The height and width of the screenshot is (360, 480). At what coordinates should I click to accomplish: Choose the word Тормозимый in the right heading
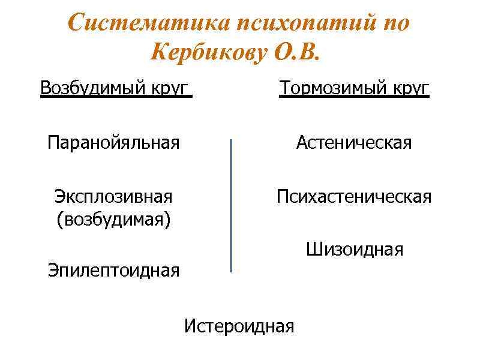click(333, 88)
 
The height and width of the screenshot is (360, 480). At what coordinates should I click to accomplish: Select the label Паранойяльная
click(114, 143)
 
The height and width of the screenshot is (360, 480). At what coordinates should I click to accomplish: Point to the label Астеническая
click(354, 143)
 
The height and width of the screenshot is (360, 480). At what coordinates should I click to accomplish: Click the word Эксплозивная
click(113, 196)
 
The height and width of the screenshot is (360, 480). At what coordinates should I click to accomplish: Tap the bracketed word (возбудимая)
click(113, 219)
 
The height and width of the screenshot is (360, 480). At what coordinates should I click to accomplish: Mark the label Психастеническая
click(354, 196)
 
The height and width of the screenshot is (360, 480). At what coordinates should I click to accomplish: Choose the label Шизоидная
click(355, 249)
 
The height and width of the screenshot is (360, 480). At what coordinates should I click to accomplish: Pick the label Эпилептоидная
click(113, 271)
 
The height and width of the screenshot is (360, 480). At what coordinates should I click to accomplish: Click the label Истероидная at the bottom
click(239, 326)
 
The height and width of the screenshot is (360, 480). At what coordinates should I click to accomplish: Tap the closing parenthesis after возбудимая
click(168, 220)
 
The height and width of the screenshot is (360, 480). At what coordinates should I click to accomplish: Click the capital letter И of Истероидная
click(190, 326)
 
